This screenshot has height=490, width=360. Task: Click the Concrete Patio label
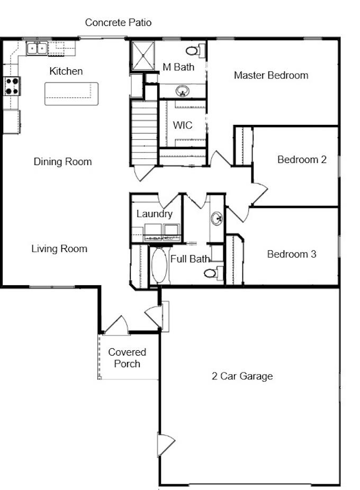118,23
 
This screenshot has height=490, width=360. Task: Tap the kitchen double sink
37,49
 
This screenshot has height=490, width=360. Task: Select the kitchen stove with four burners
12,86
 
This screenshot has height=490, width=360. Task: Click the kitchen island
71,94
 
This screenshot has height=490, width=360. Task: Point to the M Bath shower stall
143,56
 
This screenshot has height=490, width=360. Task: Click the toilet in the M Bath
195,51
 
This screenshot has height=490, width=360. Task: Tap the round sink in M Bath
182,91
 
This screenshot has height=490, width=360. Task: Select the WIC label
183,125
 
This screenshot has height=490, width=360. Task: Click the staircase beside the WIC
144,133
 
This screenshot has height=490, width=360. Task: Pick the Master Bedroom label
271,75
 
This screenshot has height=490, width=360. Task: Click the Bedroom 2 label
302,160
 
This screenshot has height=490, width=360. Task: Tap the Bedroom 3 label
292,254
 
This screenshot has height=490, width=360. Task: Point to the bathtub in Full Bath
159,266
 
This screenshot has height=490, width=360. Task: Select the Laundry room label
155,214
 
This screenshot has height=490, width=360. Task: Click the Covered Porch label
127,358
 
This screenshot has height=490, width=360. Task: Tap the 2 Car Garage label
242,376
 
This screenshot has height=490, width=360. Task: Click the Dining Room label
62,162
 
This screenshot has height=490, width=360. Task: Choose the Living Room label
59,249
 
